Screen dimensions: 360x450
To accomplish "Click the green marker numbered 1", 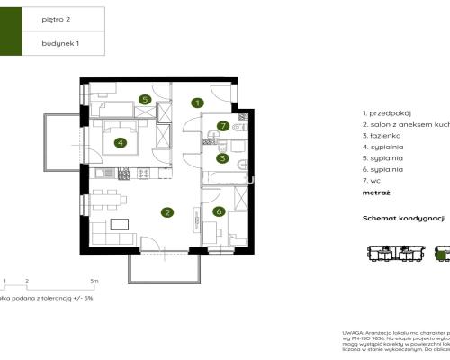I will click(196, 103).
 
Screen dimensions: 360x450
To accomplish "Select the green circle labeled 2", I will click(166, 213).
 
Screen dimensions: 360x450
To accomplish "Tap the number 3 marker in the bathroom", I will click(222, 158).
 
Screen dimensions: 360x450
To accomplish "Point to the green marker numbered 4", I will click(119, 141).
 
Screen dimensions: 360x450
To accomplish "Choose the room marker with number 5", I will click(144, 100).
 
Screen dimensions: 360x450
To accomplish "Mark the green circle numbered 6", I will click(218, 211).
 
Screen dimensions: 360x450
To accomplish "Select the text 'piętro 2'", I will click(56, 16).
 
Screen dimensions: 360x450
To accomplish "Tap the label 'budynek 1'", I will click(59, 42).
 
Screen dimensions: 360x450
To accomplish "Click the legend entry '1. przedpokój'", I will click(386, 113).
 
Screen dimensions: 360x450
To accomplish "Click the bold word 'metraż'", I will click(377, 193).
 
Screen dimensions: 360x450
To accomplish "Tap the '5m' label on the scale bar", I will click(83, 281).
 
